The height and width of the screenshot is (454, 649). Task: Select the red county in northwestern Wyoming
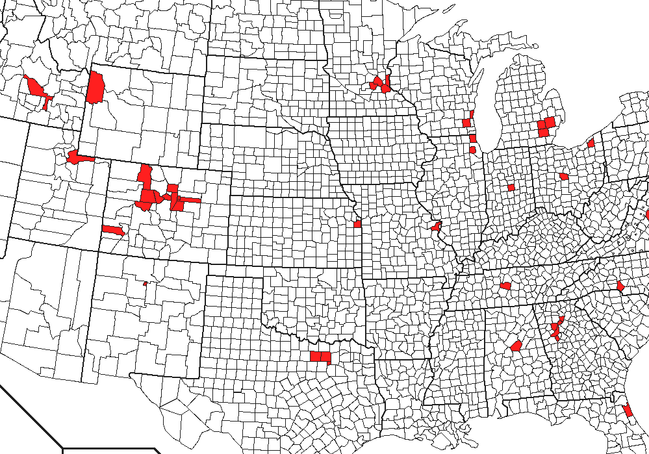(x=95, y=88)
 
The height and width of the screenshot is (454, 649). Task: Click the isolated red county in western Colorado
(x=112, y=230)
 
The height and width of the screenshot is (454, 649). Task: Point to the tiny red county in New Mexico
(x=145, y=283)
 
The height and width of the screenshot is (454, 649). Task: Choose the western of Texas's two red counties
(x=315, y=357)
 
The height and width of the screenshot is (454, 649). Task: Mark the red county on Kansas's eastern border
(x=357, y=224)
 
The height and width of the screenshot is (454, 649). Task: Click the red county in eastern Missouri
(x=436, y=227)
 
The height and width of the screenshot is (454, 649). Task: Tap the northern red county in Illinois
(x=473, y=138)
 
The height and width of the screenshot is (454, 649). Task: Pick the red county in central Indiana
(x=511, y=187)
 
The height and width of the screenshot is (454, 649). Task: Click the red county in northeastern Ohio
(x=591, y=143)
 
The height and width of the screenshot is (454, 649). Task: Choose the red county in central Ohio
(x=563, y=176)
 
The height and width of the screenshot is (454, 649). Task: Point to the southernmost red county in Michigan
(x=542, y=133)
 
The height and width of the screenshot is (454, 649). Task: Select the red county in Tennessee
(x=505, y=286)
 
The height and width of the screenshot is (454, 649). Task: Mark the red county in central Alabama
(x=516, y=346)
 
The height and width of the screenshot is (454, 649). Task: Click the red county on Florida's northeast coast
(x=628, y=411)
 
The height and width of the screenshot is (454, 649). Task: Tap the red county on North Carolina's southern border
(x=620, y=286)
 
